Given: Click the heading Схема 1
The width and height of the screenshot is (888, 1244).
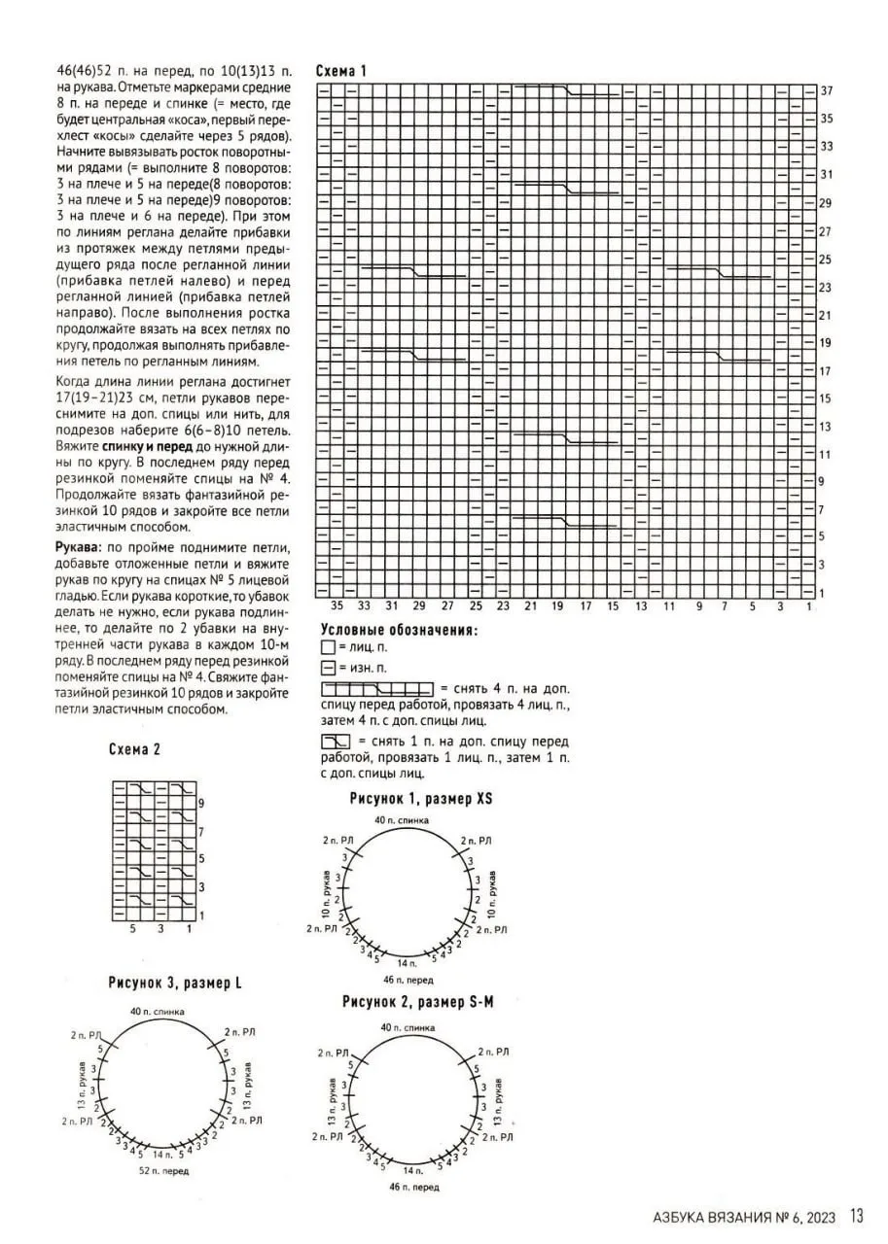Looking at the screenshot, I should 341,71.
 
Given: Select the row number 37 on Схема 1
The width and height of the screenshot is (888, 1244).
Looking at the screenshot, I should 826,90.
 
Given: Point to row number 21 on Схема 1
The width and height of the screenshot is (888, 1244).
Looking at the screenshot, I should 826,315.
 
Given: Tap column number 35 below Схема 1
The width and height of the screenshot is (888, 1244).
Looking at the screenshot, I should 337,606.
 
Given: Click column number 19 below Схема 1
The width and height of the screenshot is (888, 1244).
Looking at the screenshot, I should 557,606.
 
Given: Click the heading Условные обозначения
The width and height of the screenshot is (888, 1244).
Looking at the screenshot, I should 399,630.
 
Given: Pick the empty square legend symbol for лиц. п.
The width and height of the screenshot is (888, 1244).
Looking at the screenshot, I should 328,647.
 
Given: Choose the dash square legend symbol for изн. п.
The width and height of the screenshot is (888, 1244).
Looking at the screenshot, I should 328,668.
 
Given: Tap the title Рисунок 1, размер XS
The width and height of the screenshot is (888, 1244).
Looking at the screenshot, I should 421,799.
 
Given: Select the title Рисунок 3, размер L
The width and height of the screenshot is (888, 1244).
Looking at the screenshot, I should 175,984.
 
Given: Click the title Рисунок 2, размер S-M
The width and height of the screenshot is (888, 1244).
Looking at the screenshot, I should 417,1001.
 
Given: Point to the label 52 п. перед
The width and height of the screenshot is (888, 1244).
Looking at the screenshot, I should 162,1171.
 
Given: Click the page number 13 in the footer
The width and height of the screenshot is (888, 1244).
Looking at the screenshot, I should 857,1216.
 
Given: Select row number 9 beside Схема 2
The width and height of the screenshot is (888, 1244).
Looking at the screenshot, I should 200,804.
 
